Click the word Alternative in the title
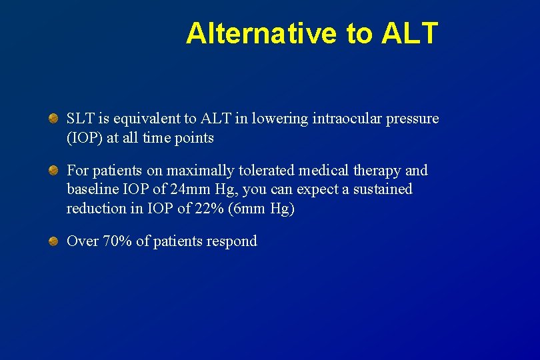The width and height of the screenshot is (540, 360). pyautogui.click(x=262, y=33)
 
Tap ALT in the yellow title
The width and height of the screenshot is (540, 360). pyautogui.click(x=410, y=33)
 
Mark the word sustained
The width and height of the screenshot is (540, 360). pyautogui.click(x=382, y=189)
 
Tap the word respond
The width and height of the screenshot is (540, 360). pyautogui.click(x=233, y=241)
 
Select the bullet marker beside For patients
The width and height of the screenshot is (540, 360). pyautogui.click(x=53, y=171)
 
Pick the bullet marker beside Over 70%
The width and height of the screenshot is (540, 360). pyautogui.click(x=53, y=241)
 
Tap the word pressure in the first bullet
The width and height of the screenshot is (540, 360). pyautogui.click(x=414, y=119)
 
